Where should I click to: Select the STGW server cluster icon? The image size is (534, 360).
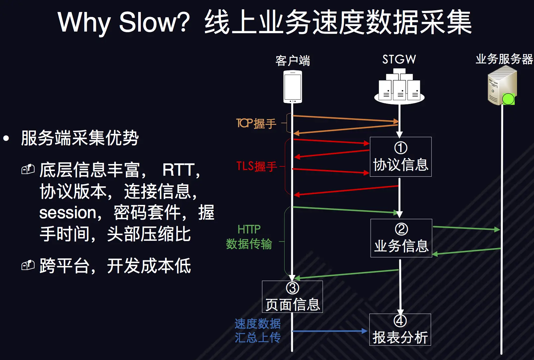click(399, 87)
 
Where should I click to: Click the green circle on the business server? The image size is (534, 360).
click(508, 99)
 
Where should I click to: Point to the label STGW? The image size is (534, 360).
click(399, 59)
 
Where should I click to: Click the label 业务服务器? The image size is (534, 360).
click(504, 59)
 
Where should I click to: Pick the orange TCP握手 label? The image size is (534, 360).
click(256, 124)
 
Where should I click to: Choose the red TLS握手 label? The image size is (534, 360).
click(256, 166)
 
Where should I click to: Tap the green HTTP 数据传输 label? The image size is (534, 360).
click(249, 237)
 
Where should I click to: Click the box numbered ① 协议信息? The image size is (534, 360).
click(400, 157)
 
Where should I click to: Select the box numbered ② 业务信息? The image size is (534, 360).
click(401, 238)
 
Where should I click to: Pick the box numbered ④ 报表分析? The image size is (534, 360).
click(400, 330)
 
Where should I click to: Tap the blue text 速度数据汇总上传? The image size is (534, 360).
click(258, 330)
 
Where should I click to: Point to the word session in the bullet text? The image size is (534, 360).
click(68, 213)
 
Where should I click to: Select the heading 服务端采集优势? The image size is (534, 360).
click(80, 138)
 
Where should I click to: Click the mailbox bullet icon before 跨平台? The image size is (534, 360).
click(28, 265)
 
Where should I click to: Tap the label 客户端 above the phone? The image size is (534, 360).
click(293, 61)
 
